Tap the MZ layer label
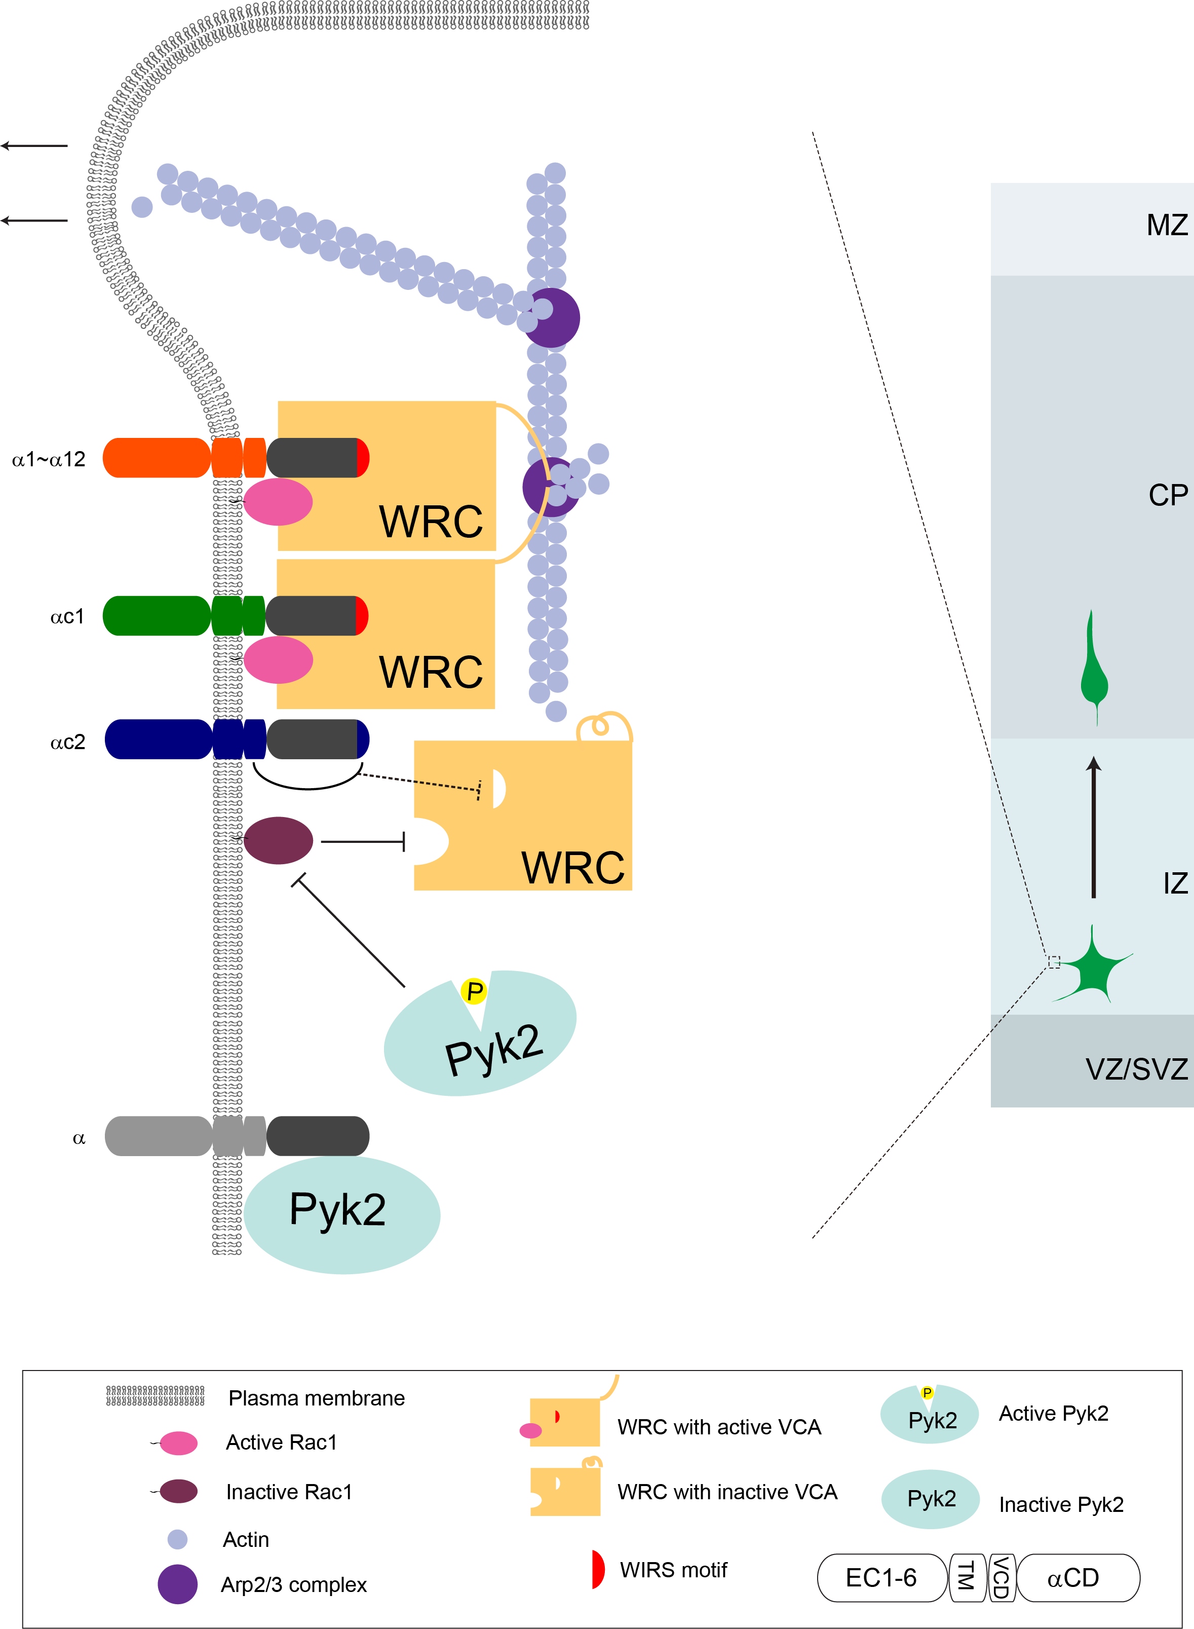[1167, 226]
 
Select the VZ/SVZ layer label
[1136, 1068]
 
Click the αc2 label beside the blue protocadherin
[67, 743]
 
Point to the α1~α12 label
[49, 459]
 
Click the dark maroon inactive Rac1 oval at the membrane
[278, 840]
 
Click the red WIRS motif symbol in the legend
[597, 1570]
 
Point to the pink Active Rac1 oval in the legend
[178, 1443]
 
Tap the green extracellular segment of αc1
[157, 616]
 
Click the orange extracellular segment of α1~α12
[157, 458]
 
